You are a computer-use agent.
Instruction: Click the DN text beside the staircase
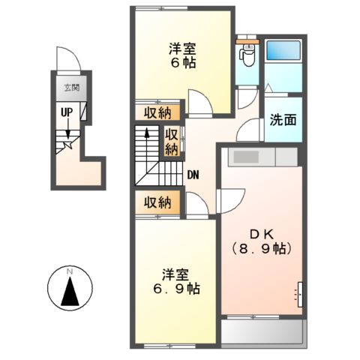193,176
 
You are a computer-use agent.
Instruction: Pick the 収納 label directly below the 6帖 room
157,113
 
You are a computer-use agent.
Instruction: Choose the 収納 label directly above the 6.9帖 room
157,202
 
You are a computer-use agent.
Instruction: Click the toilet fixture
245,53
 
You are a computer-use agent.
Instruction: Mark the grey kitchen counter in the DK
262,157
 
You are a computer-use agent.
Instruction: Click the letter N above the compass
69,270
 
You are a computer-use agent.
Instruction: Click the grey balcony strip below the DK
262,331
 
